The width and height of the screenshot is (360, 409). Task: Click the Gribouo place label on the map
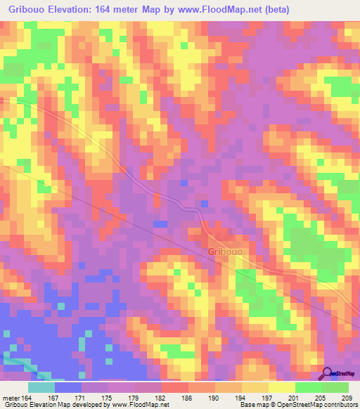pos(226,251)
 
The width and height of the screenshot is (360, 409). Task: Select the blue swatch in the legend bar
pos(67,387)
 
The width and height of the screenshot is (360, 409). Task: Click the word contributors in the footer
pos(339,405)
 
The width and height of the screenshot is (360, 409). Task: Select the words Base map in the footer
pos(252,405)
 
